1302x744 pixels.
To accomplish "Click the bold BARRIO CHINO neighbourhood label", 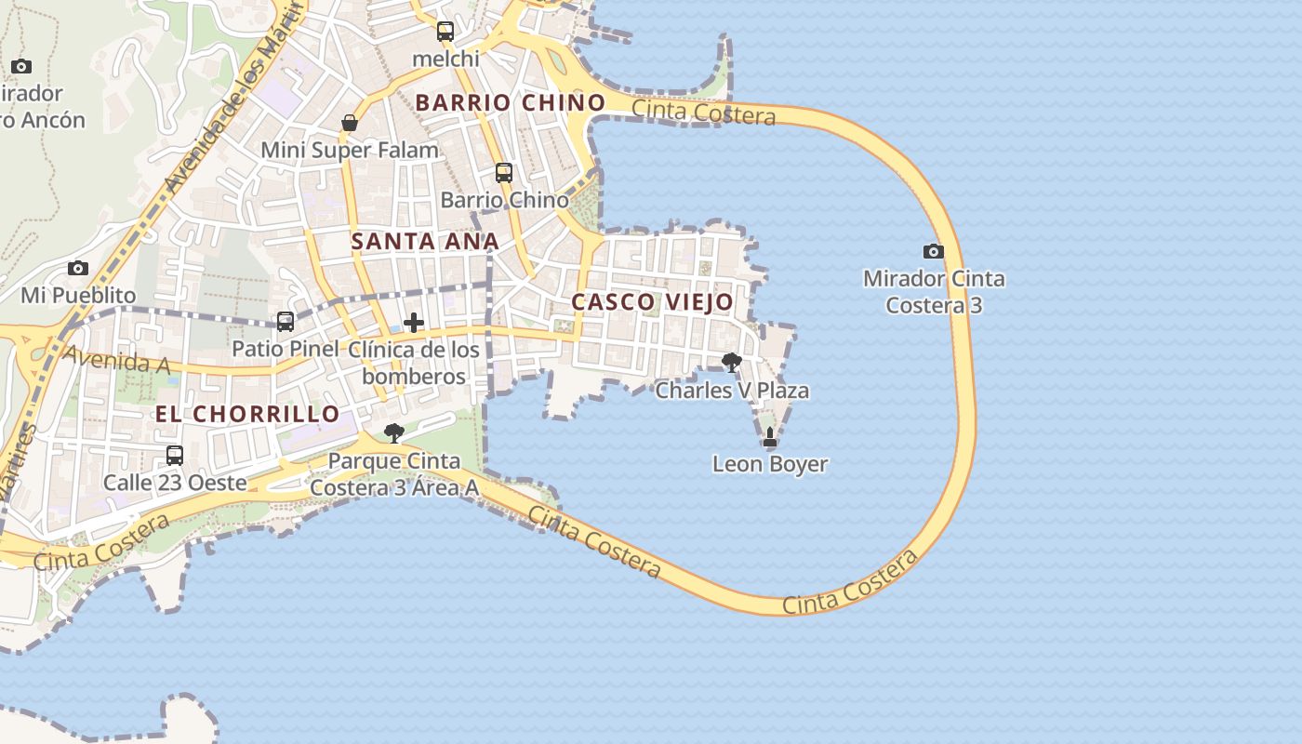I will pos(510,102).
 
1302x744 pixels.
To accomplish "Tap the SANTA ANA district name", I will pos(425,241).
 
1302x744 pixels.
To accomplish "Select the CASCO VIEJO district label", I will pos(652,301).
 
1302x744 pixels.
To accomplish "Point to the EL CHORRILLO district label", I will pos(247,414).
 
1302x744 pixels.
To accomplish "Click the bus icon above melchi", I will pos(445,32).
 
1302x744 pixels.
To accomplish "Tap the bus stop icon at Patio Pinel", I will pos(286,322).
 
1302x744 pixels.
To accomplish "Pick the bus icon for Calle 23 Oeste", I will pos(174,456).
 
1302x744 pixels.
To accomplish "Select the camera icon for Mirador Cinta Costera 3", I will pos(933,251).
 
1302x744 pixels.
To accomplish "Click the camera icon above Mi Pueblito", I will pos(78,269).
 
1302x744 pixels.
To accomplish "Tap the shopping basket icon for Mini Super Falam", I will pos(350,123).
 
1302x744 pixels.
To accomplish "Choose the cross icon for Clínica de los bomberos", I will pos(414,323).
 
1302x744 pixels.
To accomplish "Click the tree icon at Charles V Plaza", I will pos(732,363).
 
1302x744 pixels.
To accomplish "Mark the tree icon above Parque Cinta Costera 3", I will pos(394,433).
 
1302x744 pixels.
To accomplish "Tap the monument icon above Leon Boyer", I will pos(769,436).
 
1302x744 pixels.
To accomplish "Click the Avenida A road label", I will pos(116,360).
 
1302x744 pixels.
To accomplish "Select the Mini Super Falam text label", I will pos(350,150).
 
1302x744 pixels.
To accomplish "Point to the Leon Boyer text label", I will pos(770,463).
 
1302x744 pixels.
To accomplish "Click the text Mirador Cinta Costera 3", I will pos(934,291).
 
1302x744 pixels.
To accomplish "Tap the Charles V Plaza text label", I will pos(732,391).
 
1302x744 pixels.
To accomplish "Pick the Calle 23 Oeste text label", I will pos(175,483).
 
